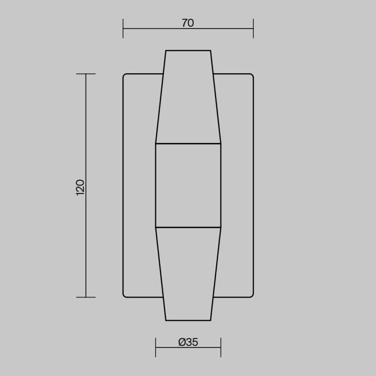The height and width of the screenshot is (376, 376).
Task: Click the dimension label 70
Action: tap(188, 23)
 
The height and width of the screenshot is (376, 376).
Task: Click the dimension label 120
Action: tap(80, 188)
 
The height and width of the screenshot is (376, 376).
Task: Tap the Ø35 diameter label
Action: tap(188, 342)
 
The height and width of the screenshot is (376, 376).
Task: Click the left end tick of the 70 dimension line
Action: tap(123, 29)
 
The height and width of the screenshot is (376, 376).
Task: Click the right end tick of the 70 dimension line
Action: tap(253, 29)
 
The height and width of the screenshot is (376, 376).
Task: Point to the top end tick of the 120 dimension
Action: tap(86, 74)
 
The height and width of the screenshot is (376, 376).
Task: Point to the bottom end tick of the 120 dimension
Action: tap(86, 298)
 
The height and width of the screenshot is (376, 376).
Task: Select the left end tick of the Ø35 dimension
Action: tap(156, 347)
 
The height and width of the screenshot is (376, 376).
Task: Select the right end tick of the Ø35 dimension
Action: tap(221, 347)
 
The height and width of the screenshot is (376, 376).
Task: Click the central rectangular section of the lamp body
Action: tap(188, 185)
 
